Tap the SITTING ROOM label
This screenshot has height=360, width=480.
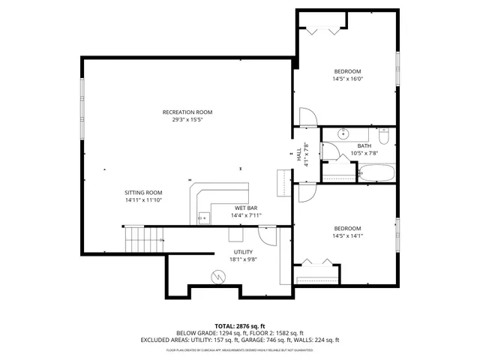[143, 192]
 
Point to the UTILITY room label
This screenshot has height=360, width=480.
[243, 252]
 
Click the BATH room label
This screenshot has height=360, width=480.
[364, 145]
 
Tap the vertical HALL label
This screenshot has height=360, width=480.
[299, 154]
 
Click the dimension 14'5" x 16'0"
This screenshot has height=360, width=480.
[347, 79]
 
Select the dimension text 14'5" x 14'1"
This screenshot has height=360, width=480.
[347, 236]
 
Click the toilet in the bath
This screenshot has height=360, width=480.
[383, 136]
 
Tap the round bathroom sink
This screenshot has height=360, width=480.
[343, 134]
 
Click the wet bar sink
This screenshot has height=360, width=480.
[202, 218]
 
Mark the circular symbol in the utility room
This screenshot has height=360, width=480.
[218, 276]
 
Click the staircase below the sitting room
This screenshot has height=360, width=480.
[142, 241]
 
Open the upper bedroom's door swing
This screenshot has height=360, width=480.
[308, 118]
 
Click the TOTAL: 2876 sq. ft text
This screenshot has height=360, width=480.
[239, 326]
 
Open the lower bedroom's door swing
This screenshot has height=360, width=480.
[307, 193]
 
